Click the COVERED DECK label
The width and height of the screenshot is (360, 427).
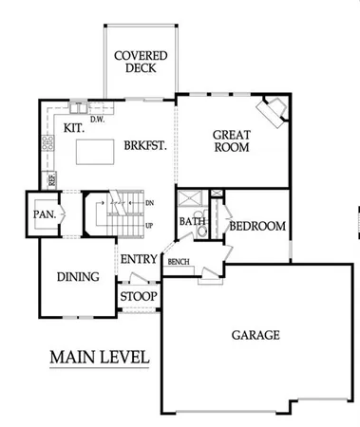click(141, 62)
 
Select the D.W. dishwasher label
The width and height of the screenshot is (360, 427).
click(97, 119)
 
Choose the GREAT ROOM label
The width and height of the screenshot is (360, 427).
click(231, 141)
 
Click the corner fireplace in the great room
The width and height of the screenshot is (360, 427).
click(275, 110)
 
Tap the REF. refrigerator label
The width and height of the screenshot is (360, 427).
click(52, 177)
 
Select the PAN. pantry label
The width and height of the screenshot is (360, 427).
click(44, 214)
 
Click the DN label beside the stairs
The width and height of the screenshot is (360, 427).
click(150, 202)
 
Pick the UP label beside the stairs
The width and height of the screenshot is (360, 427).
click(150, 226)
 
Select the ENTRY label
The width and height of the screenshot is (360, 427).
click(138, 259)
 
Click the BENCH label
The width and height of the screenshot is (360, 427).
click(178, 260)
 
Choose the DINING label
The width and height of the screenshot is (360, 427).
click(78, 277)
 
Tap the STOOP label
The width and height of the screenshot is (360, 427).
click(139, 297)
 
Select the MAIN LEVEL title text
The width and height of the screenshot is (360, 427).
click(98, 358)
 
